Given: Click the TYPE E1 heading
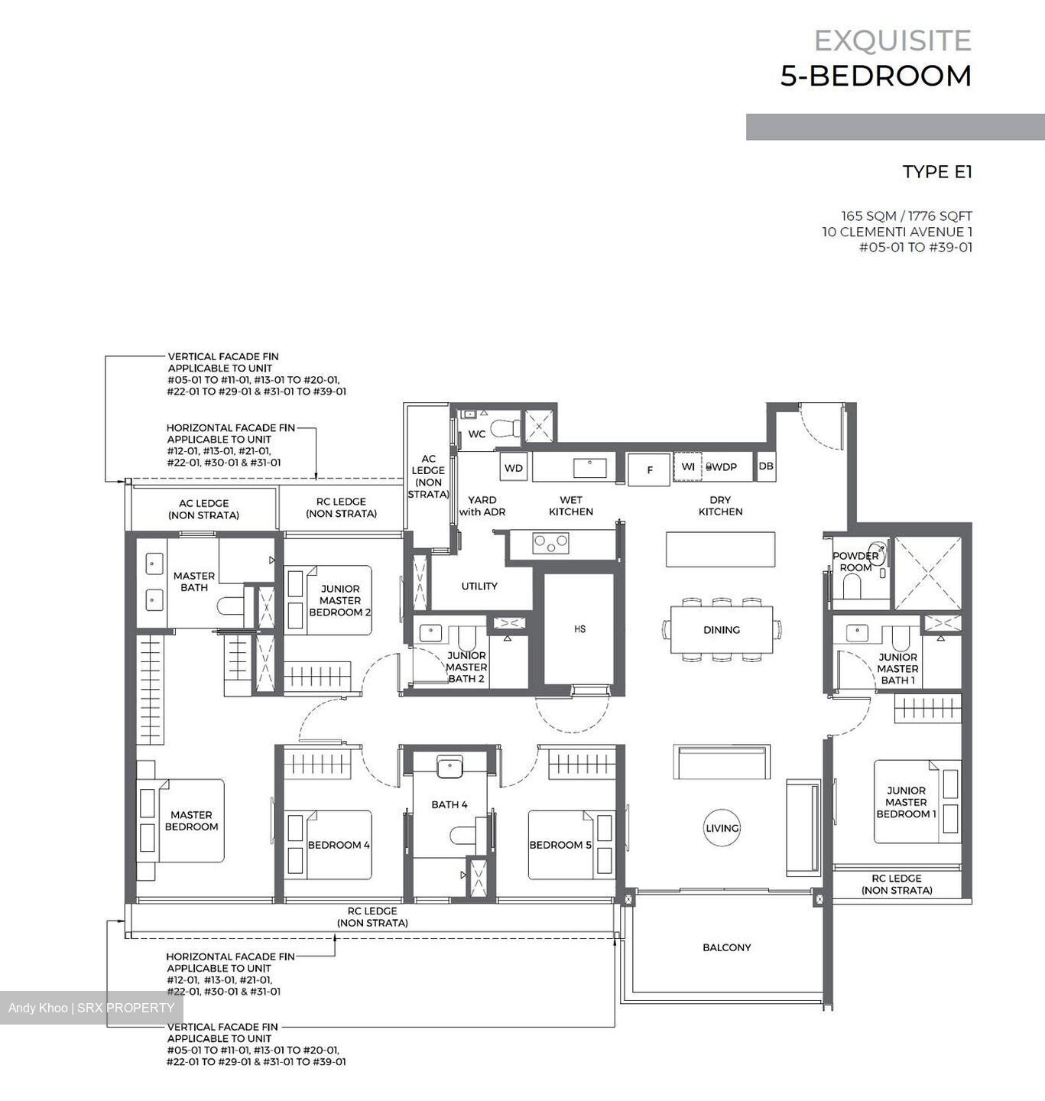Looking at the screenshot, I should tap(936, 172).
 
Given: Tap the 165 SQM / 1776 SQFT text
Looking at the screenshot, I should tap(906, 216).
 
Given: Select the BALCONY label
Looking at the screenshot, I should tap(726, 947).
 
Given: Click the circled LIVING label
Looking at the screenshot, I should tap(722, 828).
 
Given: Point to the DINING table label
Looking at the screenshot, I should tap(721, 630).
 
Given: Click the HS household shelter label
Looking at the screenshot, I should tap(579, 629).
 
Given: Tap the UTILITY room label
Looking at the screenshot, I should tap(479, 586).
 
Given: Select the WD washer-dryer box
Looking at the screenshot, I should tap(514, 468).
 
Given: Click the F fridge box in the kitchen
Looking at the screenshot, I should tap(649, 469).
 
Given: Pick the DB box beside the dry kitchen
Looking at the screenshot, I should tap(765, 466).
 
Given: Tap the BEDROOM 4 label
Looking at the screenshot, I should tap(338, 845).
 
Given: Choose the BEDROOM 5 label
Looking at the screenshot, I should tap(560, 845).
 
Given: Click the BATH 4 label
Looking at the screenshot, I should tap(449, 804).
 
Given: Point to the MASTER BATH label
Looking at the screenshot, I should tap(193, 582).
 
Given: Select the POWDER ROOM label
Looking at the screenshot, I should tap(855, 561).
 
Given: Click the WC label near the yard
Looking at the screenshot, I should tap(476, 434).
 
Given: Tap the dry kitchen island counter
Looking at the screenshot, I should tap(719, 550).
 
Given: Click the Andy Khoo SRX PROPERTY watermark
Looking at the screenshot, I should tap(91, 1008).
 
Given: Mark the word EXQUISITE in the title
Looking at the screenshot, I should tap(892, 41).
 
